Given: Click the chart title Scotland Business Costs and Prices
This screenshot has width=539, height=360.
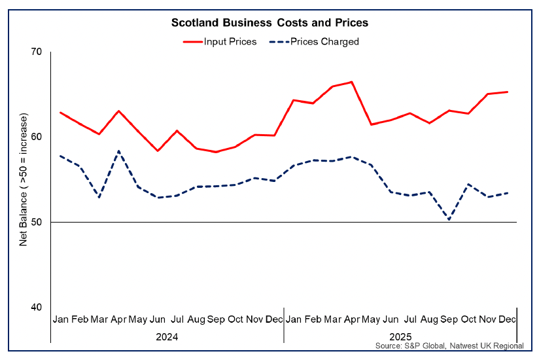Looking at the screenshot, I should [x=269, y=23].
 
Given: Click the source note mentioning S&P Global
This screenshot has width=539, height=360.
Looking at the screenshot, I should [x=449, y=346].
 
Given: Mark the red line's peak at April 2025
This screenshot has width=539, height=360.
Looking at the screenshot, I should [x=352, y=82].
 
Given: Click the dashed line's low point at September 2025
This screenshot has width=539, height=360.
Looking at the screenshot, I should [x=449, y=219].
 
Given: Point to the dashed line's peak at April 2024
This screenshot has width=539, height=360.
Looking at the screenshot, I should [x=118, y=151].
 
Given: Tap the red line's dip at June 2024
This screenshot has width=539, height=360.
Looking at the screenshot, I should [x=157, y=151].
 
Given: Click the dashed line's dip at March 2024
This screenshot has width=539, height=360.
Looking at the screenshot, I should [x=99, y=197].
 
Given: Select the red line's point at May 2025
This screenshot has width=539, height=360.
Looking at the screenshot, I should [x=371, y=124].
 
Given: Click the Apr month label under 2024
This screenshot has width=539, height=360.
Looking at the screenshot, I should [x=118, y=319].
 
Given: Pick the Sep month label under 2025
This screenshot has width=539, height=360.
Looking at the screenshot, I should [x=449, y=319].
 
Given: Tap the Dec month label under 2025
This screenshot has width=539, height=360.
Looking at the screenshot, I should [x=507, y=319].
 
